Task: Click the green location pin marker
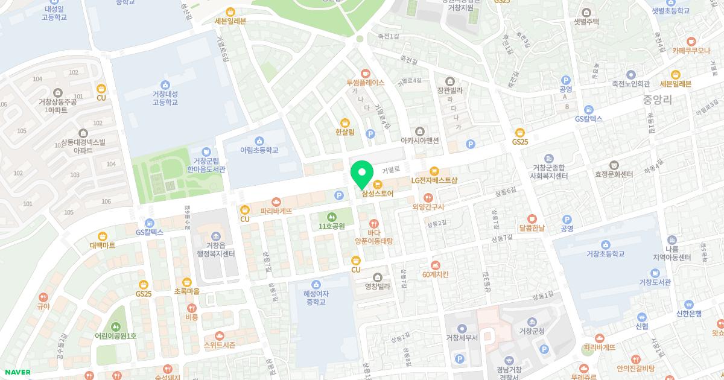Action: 362,174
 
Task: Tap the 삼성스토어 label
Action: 378,194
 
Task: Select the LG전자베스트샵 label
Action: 435,180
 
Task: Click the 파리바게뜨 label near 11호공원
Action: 276,211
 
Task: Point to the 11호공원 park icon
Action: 331,217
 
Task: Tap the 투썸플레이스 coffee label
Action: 365,83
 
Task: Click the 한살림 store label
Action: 345,131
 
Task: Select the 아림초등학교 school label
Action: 259,150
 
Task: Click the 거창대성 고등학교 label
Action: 165,98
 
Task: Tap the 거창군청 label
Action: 532,331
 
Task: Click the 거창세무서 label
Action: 462,337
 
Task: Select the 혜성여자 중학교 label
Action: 315,297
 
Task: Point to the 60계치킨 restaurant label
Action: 436,274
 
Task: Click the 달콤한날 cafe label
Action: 532,227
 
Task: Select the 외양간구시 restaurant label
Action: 428,207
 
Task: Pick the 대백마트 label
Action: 103,245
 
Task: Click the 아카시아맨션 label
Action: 420,140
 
